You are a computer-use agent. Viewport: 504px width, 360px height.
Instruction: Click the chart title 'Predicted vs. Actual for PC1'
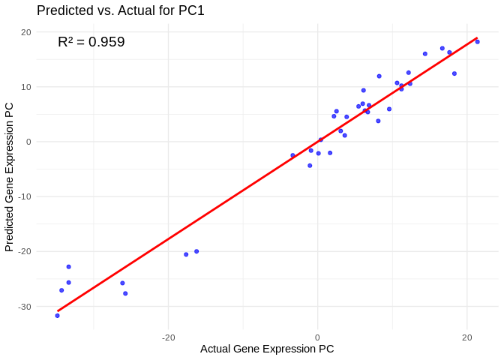pyautogui.click(x=121, y=10)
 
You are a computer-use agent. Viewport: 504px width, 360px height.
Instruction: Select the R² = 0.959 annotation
pyautogui.click(x=91, y=42)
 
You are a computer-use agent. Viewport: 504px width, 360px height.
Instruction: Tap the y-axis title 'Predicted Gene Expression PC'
pyautogui.click(x=10, y=177)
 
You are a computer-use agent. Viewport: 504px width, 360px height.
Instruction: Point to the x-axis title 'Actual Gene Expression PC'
pyautogui.click(x=267, y=349)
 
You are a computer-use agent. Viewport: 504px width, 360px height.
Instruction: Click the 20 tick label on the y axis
pyautogui.click(x=25, y=32)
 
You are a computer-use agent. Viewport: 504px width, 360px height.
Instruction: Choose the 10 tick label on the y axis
pyautogui.click(x=25, y=87)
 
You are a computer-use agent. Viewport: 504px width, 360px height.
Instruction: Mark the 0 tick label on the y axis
pyautogui.click(x=28, y=142)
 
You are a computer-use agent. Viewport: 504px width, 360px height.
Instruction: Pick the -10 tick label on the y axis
pyautogui.click(x=24, y=196)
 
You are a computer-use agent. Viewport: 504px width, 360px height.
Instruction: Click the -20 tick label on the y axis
pyautogui.click(x=24, y=251)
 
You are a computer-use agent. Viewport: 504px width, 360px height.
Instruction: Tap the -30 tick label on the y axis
pyautogui.click(x=24, y=306)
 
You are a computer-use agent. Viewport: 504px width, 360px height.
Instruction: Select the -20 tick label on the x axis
pyautogui.click(x=168, y=337)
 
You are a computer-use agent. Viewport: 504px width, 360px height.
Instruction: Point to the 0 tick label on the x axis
pyautogui.click(x=317, y=337)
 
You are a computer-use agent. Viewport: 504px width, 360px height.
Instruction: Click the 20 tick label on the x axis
pyautogui.click(x=466, y=337)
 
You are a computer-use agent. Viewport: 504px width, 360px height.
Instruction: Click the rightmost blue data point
pyautogui.click(x=478, y=42)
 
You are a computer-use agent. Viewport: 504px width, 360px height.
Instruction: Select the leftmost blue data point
pyautogui.click(x=57, y=316)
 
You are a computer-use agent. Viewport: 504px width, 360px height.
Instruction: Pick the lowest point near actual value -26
pyautogui.click(x=125, y=293)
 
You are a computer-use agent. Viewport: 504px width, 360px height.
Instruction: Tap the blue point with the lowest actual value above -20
pyautogui.click(x=186, y=254)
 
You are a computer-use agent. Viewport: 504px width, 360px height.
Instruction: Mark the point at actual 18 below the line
pyautogui.click(x=454, y=73)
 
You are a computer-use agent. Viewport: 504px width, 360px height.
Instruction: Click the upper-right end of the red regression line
pyautogui.click(x=478, y=37)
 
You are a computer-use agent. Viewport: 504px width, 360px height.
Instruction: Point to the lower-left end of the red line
pyautogui.click(x=57, y=311)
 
